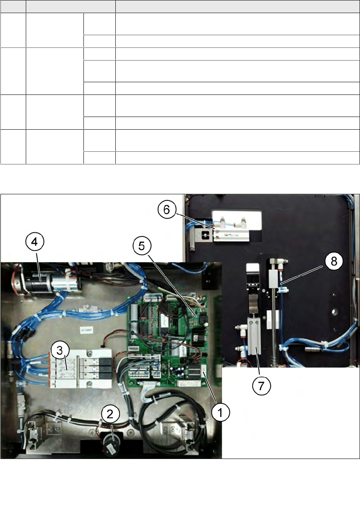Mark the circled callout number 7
(x=261, y=385)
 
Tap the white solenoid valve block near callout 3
(x=82, y=367)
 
